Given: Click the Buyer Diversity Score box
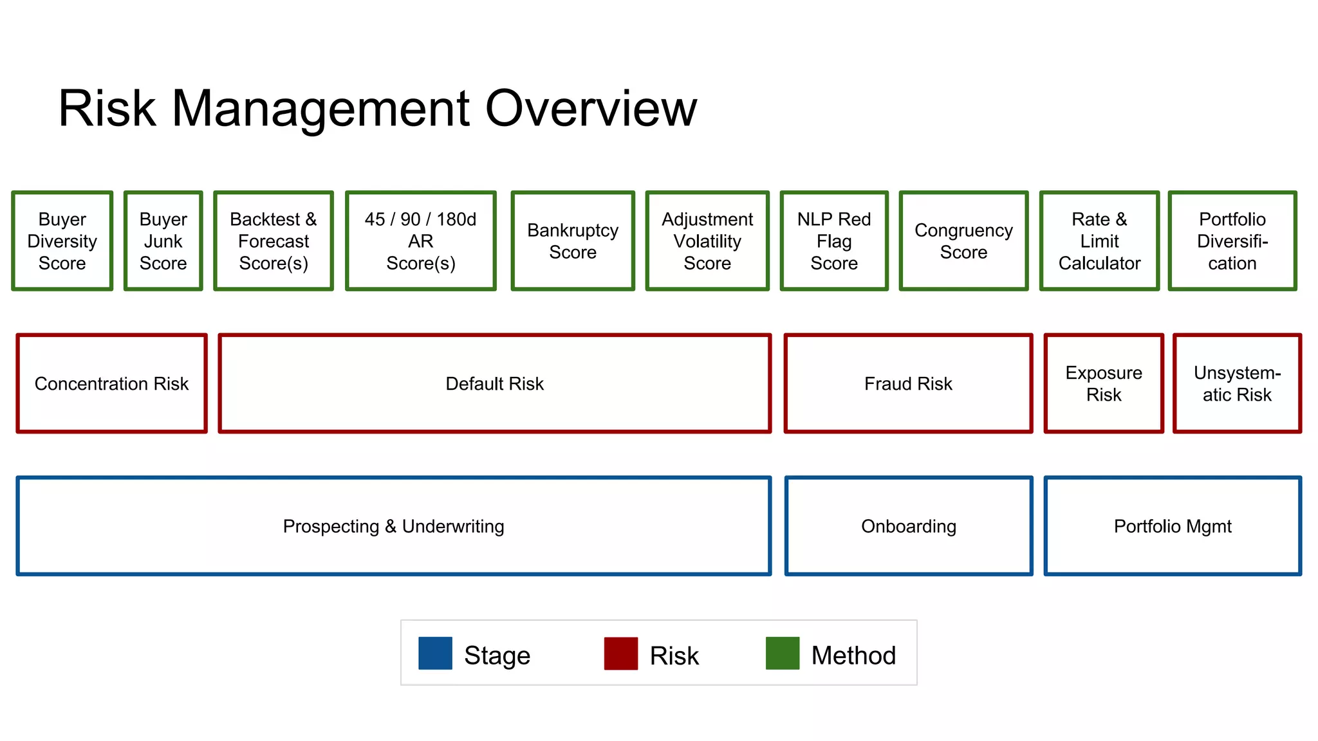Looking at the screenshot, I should (62, 241).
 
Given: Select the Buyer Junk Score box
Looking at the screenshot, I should (163, 241).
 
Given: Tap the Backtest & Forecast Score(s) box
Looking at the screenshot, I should (274, 241).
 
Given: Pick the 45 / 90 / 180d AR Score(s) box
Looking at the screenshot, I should (420, 241).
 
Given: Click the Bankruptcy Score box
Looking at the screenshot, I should (573, 241).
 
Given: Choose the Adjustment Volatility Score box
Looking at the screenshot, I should (707, 241).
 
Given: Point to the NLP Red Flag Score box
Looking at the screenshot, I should (834, 241).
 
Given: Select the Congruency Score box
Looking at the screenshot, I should (963, 241).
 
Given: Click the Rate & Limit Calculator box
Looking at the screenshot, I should (1099, 241).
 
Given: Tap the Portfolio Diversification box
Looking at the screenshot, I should (1232, 241).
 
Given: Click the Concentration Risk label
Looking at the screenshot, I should (111, 384).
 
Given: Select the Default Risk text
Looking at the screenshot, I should (494, 384).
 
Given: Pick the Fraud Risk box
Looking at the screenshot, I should (908, 383).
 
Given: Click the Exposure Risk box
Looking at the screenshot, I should (1104, 383).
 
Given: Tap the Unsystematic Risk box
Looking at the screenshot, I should (1237, 383).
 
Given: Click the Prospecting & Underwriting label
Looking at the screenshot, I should (393, 527).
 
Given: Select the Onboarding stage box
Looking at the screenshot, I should (909, 526).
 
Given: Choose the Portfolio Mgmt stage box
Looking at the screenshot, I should (1173, 526).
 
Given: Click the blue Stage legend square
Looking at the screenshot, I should (435, 654).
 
